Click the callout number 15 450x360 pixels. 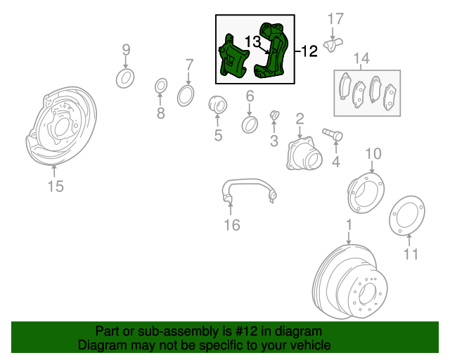pos(55,186)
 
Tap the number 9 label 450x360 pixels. pos(127,49)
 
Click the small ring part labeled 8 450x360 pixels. pos(160,87)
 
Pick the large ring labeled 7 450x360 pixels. pos(186,94)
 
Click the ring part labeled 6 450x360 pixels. pos(250,125)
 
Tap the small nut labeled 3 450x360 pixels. pos(275,115)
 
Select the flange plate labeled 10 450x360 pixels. pos(366,191)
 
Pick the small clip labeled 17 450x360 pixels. pos(333,43)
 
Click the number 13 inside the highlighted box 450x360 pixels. pos(252,41)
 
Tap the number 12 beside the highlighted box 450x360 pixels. pos(310,51)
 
